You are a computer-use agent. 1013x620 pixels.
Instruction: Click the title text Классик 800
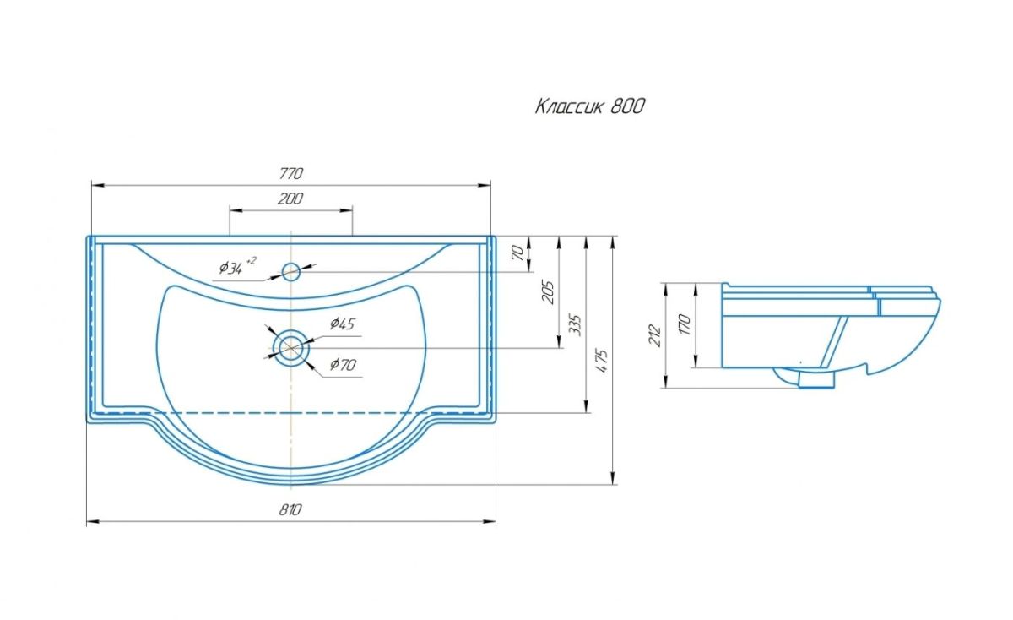click(590, 106)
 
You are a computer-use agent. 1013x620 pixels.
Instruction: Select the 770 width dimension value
click(290, 174)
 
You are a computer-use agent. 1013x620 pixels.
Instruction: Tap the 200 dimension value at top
click(290, 199)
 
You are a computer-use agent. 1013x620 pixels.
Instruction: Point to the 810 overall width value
click(290, 509)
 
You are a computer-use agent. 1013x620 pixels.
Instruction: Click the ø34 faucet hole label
click(231, 269)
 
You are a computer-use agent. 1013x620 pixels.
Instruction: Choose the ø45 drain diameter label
click(342, 323)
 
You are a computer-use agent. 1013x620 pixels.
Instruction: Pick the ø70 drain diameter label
click(342, 365)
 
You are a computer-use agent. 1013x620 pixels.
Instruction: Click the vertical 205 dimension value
click(547, 291)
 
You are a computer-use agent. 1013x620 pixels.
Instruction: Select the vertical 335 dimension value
click(577, 325)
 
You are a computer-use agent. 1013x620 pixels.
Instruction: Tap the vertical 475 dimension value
click(602, 361)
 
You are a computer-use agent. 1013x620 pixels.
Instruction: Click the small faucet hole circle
click(291, 271)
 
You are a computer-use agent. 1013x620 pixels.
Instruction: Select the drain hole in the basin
click(290, 347)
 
